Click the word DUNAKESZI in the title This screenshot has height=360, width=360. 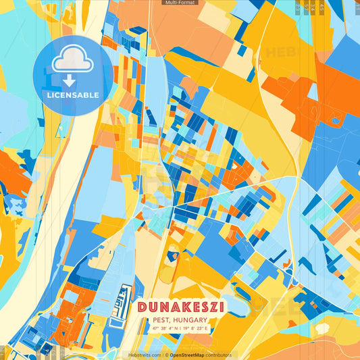pyautogui.click(x=181, y=307)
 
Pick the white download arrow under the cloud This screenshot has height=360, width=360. pyautogui.click(x=70, y=80)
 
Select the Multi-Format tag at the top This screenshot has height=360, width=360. pyautogui.click(x=180, y=3)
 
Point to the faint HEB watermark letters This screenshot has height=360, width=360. pyautogui.click(x=284, y=53)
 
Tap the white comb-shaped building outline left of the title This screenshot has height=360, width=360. pyautogui.click(x=122, y=303)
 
